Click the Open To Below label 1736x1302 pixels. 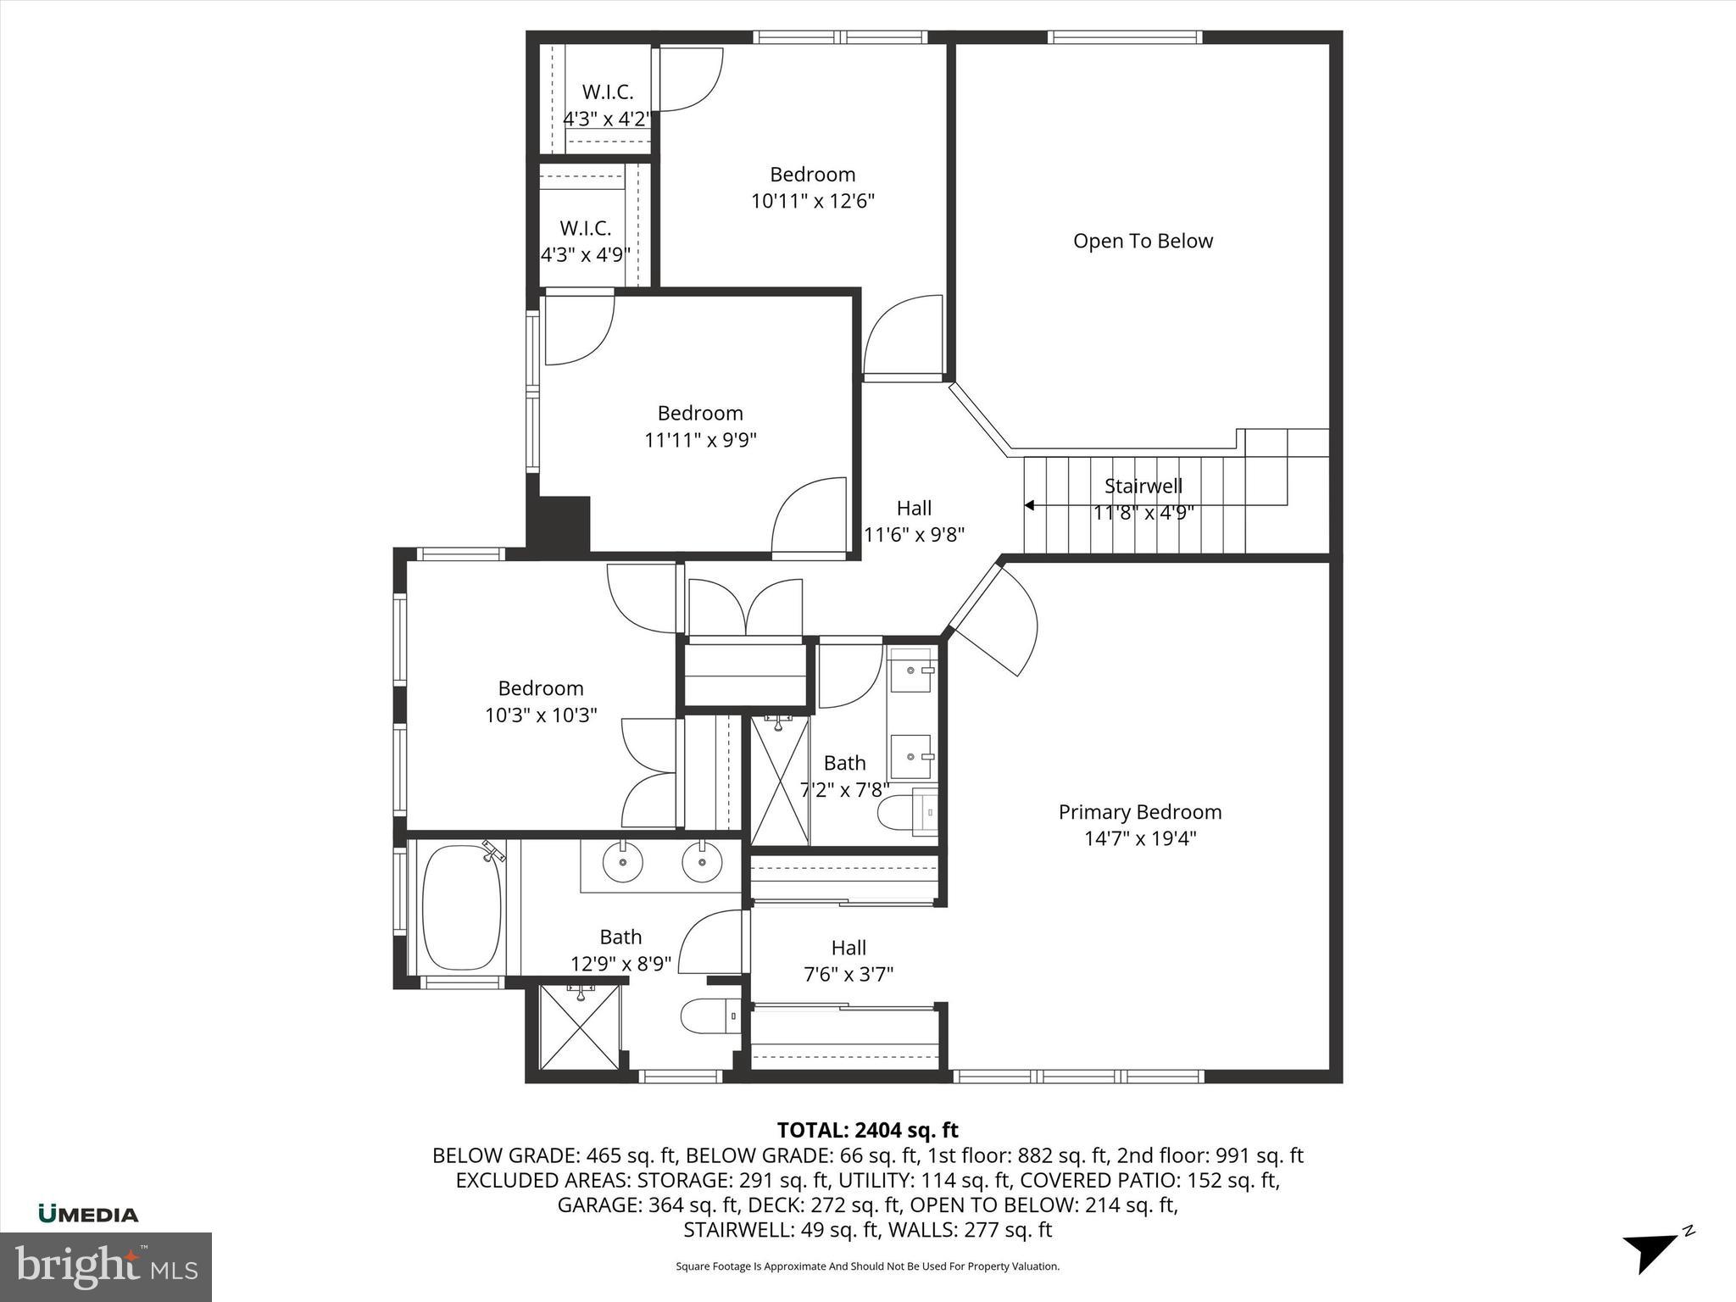tap(1143, 242)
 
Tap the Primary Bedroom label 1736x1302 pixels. tap(1140, 812)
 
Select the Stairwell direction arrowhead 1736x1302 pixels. tap(1029, 505)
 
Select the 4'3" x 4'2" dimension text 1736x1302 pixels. tap(607, 119)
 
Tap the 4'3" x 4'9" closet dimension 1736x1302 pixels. tap(585, 255)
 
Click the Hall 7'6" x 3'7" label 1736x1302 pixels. tap(849, 961)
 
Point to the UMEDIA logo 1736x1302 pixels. tap(88, 1215)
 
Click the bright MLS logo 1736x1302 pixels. tap(106, 1267)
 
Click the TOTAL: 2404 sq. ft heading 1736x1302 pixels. tap(867, 1130)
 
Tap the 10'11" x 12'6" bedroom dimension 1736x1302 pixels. tap(812, 202)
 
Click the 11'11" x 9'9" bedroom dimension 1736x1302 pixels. tap(700, 440)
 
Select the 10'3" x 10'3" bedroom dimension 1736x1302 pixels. tap(541, 715)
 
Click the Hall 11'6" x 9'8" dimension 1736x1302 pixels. tap(914, 535)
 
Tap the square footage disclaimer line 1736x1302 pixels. tap(867, 1266)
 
